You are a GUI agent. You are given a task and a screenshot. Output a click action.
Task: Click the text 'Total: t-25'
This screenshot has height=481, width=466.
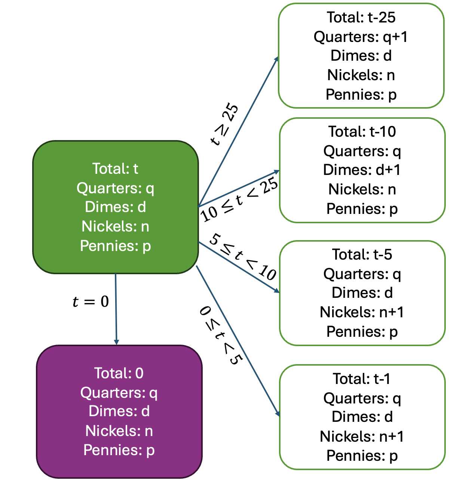tap(361, 17)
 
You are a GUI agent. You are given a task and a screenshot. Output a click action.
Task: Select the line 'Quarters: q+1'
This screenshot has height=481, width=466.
tap(361, 37)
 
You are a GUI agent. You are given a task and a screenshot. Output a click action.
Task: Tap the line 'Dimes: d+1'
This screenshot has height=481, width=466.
tap(362, 170)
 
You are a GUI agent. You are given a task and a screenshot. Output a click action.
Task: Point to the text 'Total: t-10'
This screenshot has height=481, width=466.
tap(362, 131)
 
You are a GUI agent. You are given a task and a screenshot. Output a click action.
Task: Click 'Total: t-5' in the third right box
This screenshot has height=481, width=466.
tap(362, 254)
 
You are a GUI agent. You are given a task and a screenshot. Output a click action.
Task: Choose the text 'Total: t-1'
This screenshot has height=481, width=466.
tap(362, 379)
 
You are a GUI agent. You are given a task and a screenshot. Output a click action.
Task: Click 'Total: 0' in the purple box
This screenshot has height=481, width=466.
tap(119, 373)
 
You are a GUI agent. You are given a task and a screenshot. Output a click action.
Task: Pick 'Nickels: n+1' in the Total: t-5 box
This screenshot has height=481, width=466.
tap(362, 312)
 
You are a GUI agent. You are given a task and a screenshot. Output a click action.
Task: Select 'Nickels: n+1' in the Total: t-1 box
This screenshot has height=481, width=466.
tap(362, 436)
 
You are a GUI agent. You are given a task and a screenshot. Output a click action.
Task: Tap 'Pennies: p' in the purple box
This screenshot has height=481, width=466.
tap(119, 450)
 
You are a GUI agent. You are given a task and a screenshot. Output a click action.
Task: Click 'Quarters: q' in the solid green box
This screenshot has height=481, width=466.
tap(115, 188)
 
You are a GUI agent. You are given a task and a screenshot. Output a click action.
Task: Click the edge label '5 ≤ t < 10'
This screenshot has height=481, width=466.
tap(243, 256)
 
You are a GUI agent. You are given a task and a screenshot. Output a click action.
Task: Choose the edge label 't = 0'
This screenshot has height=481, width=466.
tap(91, 302)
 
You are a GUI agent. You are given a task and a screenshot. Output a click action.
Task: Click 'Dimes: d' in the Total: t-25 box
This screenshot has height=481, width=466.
tap(361, 56)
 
